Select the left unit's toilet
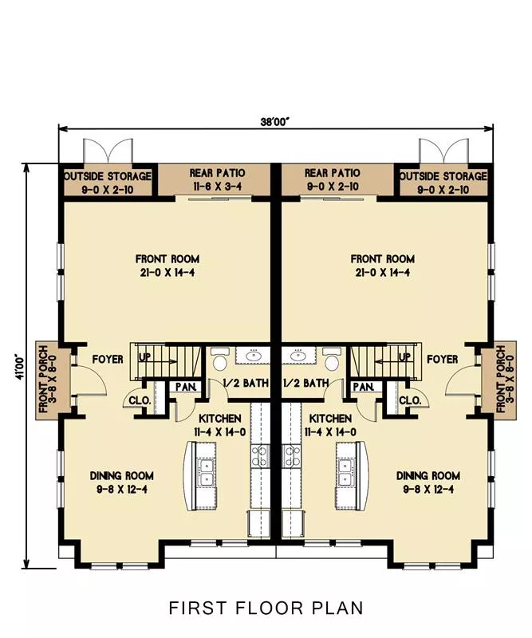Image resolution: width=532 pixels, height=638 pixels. (219, 360)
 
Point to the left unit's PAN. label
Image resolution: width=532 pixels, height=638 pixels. (186, 386)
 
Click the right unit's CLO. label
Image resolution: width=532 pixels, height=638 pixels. (410, 400)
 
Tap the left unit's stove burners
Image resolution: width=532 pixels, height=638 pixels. (261, 455)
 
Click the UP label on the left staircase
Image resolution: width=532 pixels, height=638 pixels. (145, 356)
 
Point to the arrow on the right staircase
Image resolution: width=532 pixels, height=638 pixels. (387, 361)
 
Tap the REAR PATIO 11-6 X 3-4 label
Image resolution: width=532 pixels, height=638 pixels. (218, 179)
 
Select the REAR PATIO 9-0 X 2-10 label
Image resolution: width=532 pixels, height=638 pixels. (333, 179)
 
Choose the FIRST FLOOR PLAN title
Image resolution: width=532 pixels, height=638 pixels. (266, 608)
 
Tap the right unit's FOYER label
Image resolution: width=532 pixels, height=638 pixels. (443, 360)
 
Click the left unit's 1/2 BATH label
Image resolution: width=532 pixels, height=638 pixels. (246, 383)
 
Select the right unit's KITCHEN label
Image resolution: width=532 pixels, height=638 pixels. (330, 418)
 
